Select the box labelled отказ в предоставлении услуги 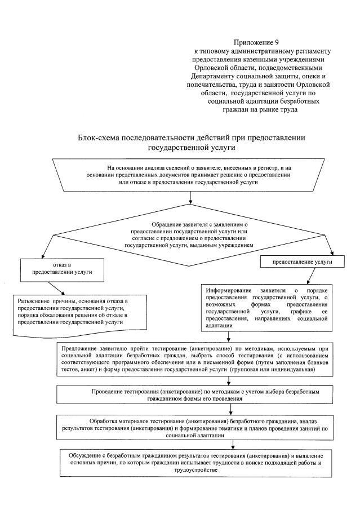coord(57,268)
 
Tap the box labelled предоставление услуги coord(294,263)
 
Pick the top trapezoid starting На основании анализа coord(192,175)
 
